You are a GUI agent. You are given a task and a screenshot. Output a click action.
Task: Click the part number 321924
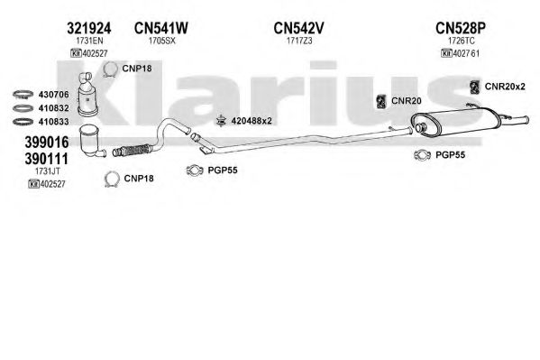click(x=89, y=28)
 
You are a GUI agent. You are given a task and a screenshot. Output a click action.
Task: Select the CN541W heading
click(x=161, y=28)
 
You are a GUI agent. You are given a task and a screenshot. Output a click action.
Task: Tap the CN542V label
click(x=299, y=28)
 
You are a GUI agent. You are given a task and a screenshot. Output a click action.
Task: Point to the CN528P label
click(x=461, y=28)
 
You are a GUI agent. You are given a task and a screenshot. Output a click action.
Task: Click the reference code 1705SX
click(x=162, y=41)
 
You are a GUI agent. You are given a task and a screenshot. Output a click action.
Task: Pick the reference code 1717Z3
click(x=299, y=41)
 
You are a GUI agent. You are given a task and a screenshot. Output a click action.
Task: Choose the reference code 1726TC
click(x=462, y=41)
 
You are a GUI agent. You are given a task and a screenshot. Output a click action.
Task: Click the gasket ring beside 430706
click(x=23, y=94)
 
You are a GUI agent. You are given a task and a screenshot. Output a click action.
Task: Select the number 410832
click(x=53, y=108)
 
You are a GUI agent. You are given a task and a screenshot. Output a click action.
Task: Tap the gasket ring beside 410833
click(x=23, y=122)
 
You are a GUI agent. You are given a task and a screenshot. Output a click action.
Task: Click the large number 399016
click(x=47, y=142)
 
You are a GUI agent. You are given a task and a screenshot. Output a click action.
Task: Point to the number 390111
click(x=47, y=159)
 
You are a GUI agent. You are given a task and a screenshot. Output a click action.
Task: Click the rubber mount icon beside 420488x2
click(x=221, y=121)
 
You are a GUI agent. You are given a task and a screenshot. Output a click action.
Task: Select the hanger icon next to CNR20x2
click(x=475, y=87)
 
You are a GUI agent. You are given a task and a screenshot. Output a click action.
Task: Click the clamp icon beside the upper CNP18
click(x=111, y=69)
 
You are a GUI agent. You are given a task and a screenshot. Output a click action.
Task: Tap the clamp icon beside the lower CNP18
click(x=112, y=179)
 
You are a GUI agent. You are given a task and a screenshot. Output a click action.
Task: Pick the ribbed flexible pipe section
click(x=133, y=151)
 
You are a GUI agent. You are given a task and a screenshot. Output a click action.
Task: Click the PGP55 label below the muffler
click(x=450, y=155)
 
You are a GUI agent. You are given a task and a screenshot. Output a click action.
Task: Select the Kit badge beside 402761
click(x=446, y=53)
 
